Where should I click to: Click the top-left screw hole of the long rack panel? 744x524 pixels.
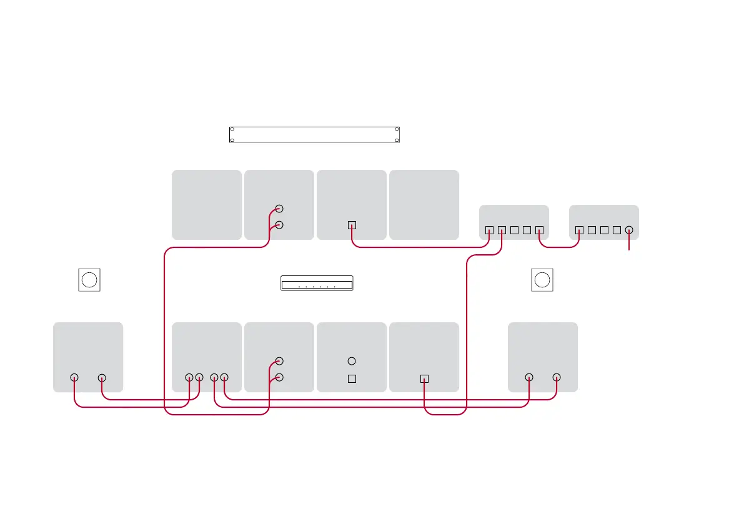tap(232, 129)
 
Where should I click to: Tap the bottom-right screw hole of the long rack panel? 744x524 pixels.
tap(397, 140)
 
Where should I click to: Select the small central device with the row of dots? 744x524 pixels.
tap(317, 283)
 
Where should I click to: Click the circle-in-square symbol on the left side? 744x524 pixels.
tap(89, 279)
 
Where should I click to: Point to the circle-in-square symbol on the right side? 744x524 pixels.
tap(542, 279)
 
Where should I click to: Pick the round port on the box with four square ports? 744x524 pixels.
tap(629, 230)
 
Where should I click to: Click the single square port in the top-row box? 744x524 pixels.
tap(352, 225)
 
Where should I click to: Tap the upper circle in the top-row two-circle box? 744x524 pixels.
tap(279, 209)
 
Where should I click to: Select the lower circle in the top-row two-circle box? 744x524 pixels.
tap(279, 225)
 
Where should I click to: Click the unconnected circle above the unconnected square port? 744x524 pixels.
tap(352, 361)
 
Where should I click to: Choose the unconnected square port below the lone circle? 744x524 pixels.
tap(352, 378)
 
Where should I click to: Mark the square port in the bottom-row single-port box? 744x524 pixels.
tap(424, 378)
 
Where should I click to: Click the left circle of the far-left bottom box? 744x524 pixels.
tap(74, 377)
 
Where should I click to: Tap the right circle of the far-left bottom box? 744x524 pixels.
tap(102, 377)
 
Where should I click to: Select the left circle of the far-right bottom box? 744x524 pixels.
tap(529, 377)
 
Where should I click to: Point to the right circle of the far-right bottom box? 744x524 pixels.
tap(557, 377)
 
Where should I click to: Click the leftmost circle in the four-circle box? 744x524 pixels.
tap(190, 377)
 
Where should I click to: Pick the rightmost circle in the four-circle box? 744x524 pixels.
tap(225, 377)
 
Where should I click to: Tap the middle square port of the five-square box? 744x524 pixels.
tap(513, 230)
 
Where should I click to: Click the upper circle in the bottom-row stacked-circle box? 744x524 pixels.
tap(279, 361)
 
